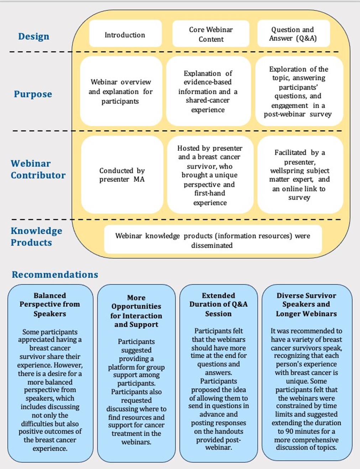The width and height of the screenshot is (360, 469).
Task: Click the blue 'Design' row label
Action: tap(34, 36)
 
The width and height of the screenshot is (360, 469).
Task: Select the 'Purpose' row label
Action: tap(33, 94)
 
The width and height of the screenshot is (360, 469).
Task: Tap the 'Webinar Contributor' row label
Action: tap(38, 169)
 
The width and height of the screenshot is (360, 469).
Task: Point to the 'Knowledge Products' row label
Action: tap(36, 236)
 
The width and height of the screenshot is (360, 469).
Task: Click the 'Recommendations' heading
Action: tap(55, 275)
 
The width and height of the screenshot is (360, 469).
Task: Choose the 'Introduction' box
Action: tap(125, 35)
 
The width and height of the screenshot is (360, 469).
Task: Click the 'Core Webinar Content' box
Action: tap(211, 34)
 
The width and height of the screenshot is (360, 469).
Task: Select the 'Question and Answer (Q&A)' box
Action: tap(293, 34)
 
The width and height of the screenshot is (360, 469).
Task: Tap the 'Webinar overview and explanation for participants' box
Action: tap(121, 92)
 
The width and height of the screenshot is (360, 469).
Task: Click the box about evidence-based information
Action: tap(208, 92)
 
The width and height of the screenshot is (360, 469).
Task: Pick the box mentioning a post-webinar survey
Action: tap(298, 92)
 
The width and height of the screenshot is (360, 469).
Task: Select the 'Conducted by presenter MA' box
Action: tap(122, 175)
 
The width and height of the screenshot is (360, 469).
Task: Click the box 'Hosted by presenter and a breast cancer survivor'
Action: tap(210, 175)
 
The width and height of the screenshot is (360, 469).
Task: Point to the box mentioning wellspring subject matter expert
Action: tap(299, 175)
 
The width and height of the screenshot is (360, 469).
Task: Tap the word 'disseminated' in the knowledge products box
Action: tap(212, 245)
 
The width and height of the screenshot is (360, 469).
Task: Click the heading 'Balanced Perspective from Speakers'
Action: tap(50, 304)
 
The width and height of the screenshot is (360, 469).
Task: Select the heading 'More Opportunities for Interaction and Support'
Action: tap(136, 311)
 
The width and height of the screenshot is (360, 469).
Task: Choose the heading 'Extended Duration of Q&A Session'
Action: tap(218, 304)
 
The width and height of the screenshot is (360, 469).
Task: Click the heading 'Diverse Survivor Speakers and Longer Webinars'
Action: tap(306, 304)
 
